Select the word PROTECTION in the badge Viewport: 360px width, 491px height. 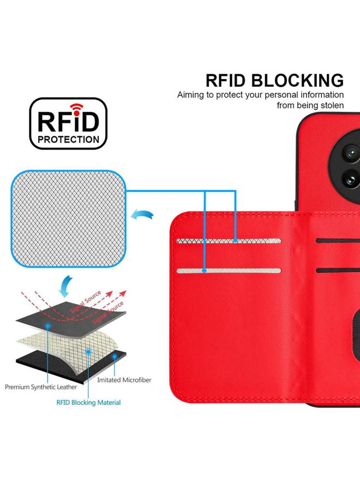pyautogui.click(x=68, y=139)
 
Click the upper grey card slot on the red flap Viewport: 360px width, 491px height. pyautogui.click(x=229, y=241)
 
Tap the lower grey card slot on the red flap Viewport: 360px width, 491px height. pyautogui.click(x=229, y=271)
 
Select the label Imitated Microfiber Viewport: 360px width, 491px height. pyautogui.click(x=124, y=380)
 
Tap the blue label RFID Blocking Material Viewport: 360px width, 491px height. pyautogui.click(x=89, y=403)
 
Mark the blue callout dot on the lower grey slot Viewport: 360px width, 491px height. pyautogui.click(x=204, y=271)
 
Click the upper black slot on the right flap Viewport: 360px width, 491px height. pyautogui.click(x=338, y=241)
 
